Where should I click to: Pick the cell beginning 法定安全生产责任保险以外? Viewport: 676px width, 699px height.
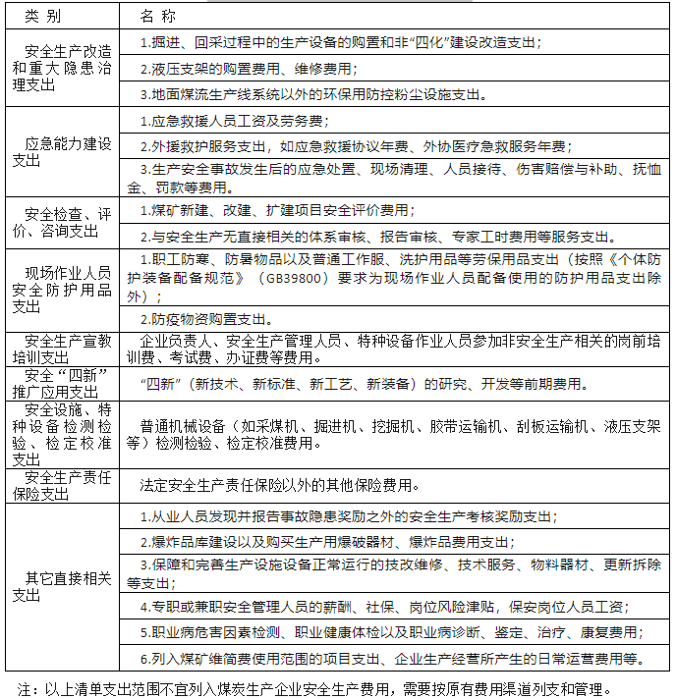coord(280,485)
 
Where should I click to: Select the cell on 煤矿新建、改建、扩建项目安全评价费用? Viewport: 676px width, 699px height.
coord(276,211)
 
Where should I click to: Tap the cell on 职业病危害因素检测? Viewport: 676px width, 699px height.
coord(388,632)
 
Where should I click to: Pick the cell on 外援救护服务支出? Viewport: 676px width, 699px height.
coord(353,145)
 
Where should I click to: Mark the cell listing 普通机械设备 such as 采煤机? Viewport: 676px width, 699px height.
coord(393,435)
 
